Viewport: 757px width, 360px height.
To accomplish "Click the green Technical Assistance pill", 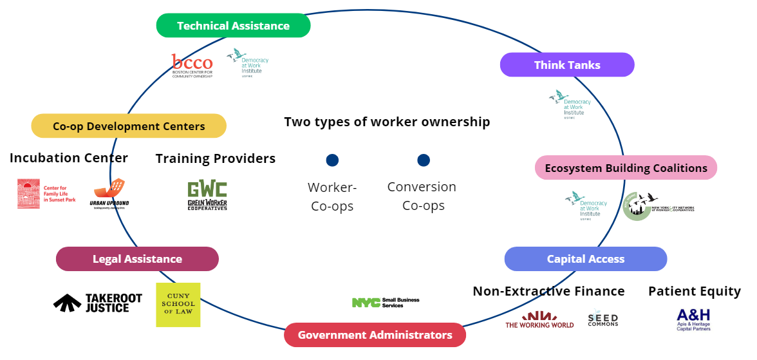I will coord(233,26).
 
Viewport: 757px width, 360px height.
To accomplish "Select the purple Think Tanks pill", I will coord(567,65).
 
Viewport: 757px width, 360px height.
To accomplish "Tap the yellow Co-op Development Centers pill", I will coord(129,126).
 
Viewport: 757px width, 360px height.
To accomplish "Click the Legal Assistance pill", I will coord(137,259).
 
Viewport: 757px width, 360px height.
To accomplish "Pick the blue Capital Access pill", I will coord(585,259).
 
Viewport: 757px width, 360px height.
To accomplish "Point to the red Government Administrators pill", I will coord(375,335).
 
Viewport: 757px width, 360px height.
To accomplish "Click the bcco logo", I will coord(192,66).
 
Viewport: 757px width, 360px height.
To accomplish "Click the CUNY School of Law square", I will coord(178,305).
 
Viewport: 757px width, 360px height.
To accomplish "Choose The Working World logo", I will coord(539,319).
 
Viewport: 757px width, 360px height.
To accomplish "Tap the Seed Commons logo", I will coord(603,318).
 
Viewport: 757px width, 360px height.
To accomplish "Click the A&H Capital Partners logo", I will coord(693,319).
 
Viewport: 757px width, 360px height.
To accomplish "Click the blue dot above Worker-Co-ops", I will coord(332,160).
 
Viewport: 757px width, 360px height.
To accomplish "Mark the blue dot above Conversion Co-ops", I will coord(423,160).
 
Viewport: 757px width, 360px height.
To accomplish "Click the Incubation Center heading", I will coord(69,158).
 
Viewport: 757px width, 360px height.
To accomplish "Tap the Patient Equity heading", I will coord(695,291).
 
